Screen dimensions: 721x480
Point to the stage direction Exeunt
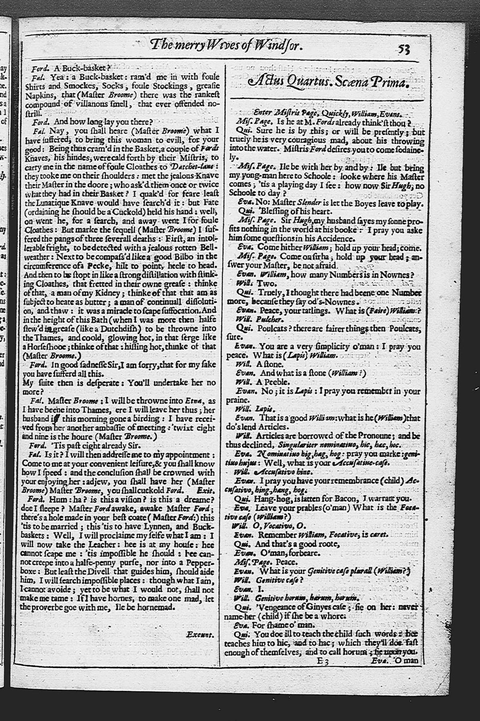coord(200,634)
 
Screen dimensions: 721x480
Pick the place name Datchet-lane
coord(194,166)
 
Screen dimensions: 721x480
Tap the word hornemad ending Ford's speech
coord(156,607)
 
